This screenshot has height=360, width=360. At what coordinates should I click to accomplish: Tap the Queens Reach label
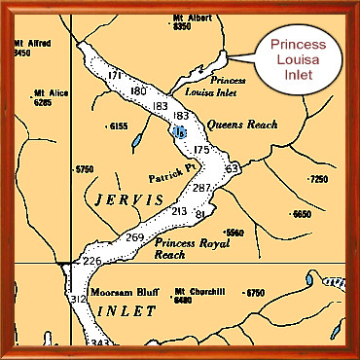[242, 125]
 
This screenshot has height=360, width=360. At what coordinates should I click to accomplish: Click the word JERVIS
[125, 200]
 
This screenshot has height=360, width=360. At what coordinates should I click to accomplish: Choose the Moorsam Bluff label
[118, 292]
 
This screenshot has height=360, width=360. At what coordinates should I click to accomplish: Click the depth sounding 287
[201, 187]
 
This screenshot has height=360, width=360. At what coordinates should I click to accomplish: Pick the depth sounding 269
[134, 237]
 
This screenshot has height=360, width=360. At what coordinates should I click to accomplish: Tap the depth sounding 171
[115, 76]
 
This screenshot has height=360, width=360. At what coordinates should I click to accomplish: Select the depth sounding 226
[91, 261]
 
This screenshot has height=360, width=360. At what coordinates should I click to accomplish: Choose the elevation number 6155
[119, 126]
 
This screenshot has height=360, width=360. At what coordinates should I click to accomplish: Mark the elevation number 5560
[234, 233]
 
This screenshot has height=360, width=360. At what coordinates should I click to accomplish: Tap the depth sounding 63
[232, 169]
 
